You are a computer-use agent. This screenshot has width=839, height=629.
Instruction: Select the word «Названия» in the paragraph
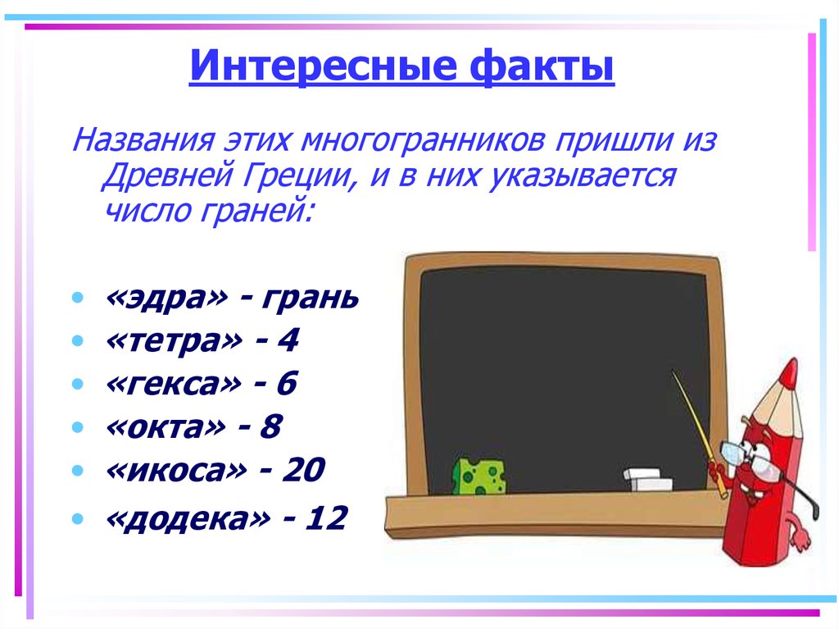[x=142, y=140]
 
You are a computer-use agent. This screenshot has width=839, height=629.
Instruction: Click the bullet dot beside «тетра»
[x=77, y=340]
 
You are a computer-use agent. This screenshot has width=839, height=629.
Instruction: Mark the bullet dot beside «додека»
[x=77, y=519]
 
